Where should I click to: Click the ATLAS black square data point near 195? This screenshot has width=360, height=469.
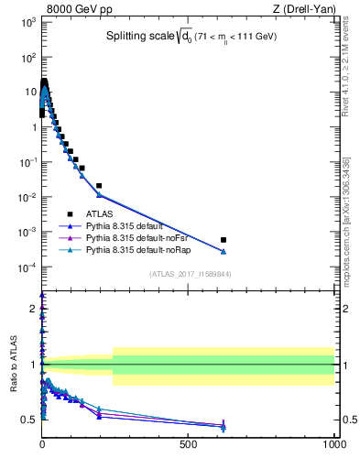click(x=99, y=186)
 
